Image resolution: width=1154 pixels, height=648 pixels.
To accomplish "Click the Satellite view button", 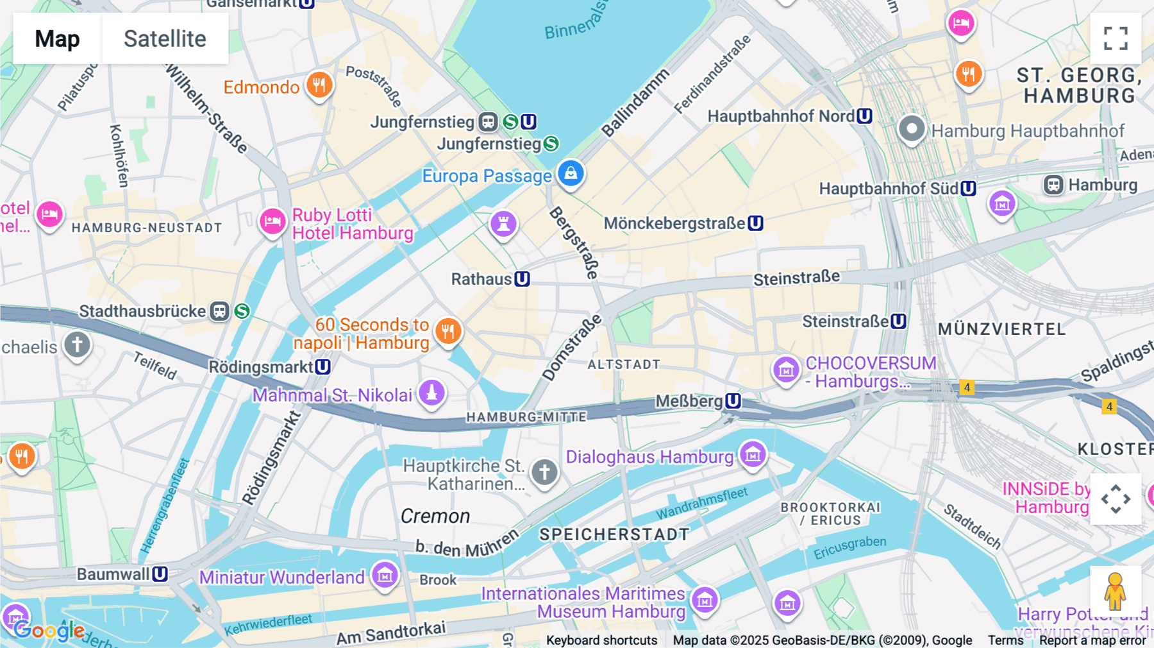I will click(165, 38).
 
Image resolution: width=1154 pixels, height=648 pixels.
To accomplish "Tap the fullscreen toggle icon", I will click(1116, 38).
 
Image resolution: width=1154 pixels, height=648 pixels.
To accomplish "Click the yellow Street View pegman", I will click(1115, 592).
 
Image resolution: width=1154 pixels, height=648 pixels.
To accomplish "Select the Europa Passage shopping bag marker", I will click(571, 173).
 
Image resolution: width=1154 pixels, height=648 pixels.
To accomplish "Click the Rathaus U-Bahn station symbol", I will click(523, 279).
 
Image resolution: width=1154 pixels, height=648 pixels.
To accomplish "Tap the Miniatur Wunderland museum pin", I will click(385, 575).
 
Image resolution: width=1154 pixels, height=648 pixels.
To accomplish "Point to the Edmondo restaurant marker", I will click(319, 84).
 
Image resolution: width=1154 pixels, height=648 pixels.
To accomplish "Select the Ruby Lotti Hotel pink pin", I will click(272, 221).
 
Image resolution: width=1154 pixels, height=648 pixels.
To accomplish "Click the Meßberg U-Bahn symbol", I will click(733, 401).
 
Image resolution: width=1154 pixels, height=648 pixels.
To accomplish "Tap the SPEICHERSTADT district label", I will click(614, 534).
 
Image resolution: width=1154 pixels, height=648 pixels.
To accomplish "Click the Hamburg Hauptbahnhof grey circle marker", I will click(911, 129).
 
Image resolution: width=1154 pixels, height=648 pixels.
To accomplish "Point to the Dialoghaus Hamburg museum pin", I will click(753, 455).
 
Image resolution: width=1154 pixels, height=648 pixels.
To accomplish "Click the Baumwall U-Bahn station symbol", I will click(160, 574).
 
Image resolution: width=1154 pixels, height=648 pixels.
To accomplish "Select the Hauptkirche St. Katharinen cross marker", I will click(544, 473).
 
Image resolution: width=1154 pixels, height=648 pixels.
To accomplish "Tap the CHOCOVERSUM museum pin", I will click(786, 370).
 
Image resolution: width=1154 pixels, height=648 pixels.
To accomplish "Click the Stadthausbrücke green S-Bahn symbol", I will click(242, 311).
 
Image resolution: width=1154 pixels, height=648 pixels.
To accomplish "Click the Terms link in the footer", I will click(1005, 640).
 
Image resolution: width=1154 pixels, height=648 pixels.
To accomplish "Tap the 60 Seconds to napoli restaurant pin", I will click(448, 331).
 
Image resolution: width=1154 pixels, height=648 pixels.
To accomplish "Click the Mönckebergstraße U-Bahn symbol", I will click(756, 223).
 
